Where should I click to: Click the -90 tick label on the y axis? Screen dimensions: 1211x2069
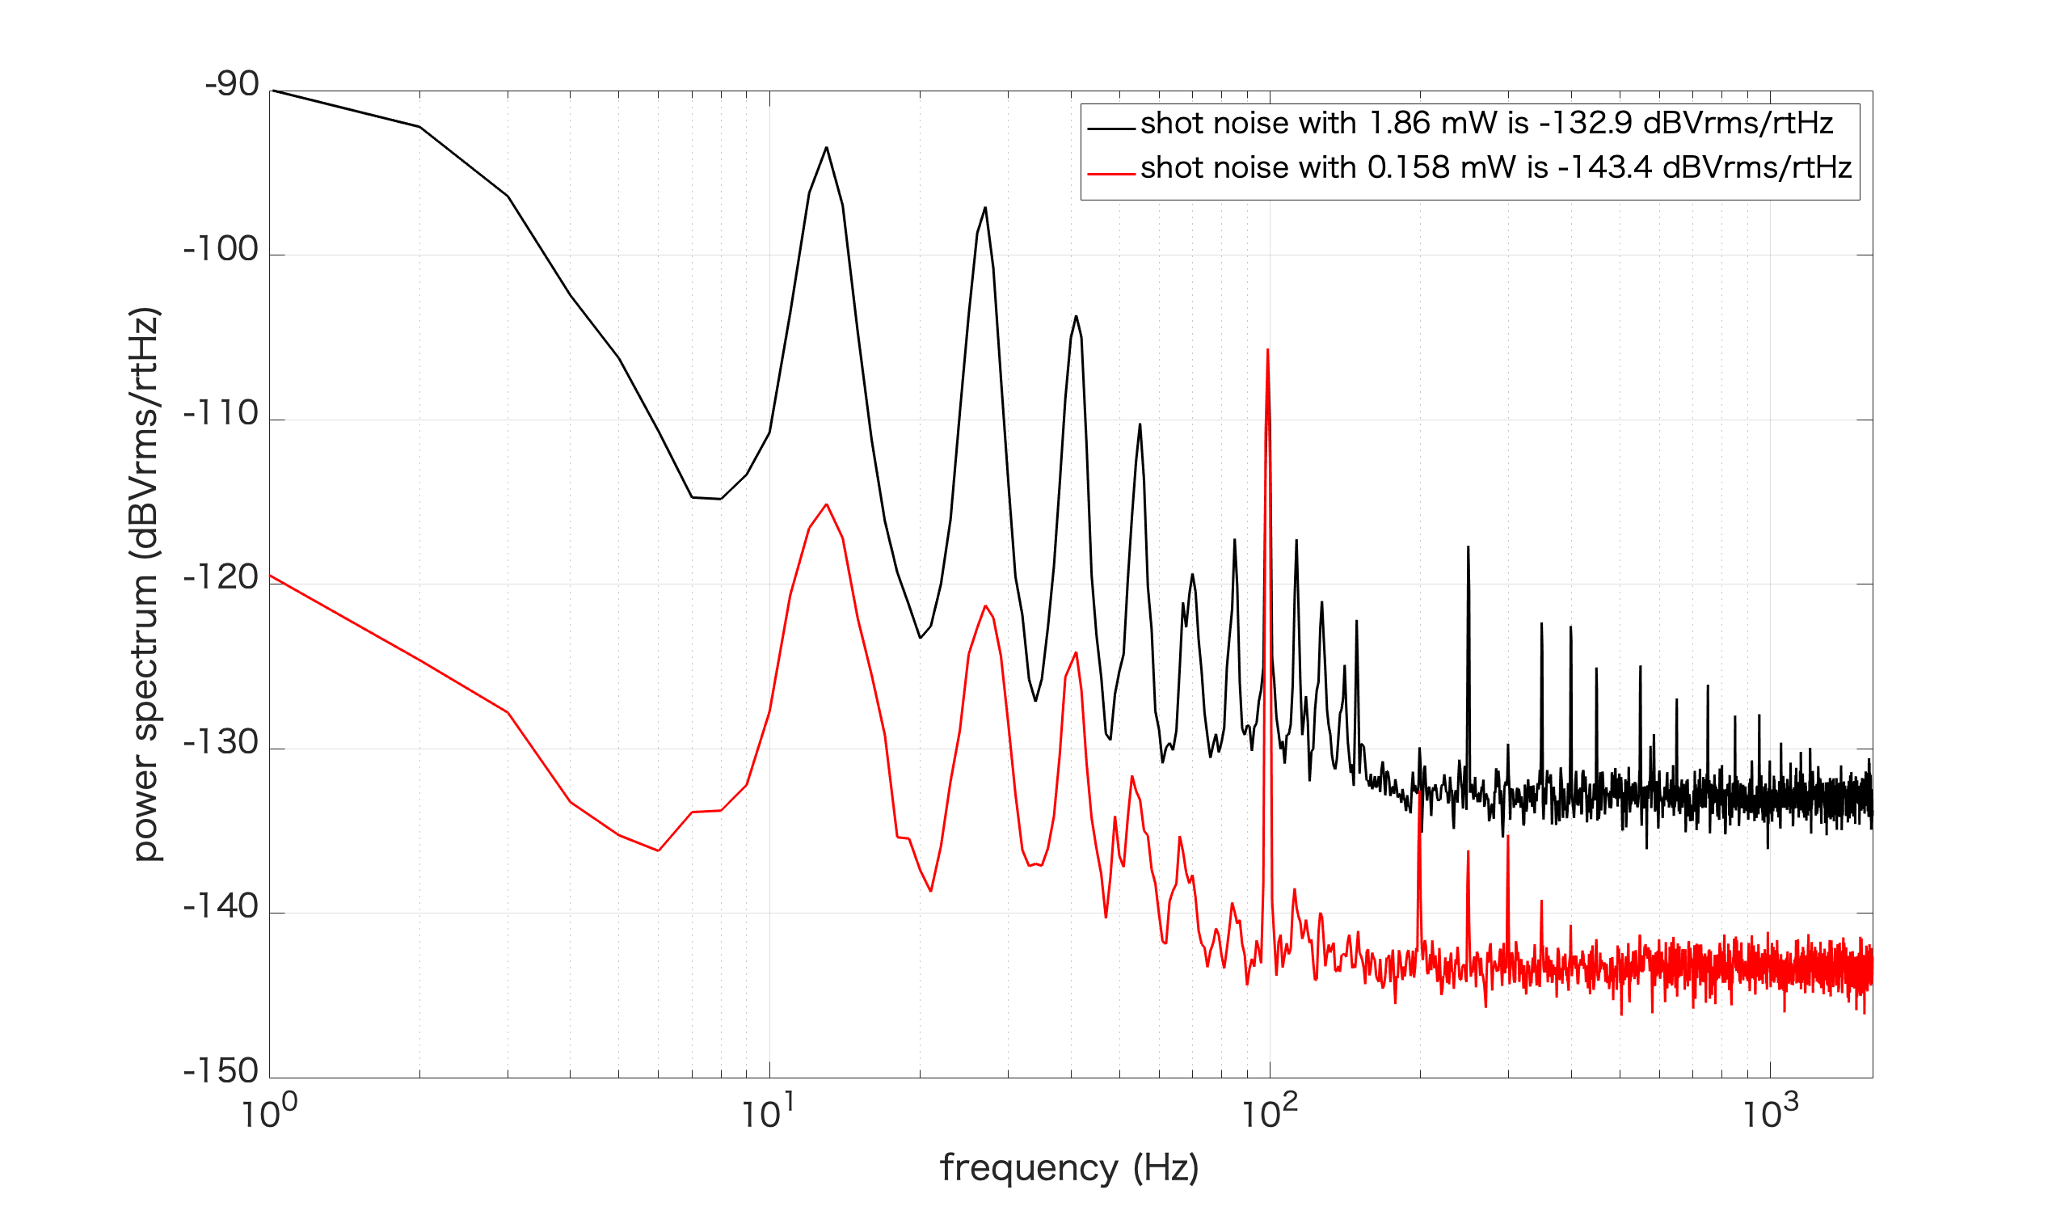[x=231, y=86]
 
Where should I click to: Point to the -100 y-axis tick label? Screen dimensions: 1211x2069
[x=221, y=250]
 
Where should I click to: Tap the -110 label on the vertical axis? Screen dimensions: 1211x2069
[x=221, y=415]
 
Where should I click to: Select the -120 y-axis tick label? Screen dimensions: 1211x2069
[x=221, y=579]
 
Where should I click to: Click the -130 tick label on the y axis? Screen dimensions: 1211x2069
[x=221, y=744]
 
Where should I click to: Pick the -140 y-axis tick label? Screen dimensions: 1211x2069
[x=221, y=908]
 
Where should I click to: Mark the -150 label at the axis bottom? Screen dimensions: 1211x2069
[x=221, y=1073]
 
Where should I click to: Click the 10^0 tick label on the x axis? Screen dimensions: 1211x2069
[x=269, y=1114]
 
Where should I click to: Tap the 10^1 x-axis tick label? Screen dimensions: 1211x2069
[x=769, y=1114]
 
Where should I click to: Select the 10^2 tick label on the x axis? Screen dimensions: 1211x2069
[x=1270, y=1114]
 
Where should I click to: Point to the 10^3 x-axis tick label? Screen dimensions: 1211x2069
[x=1770, y=1114]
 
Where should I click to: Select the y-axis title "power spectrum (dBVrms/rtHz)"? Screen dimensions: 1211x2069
[x=146, y=585]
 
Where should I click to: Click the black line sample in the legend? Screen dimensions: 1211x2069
[x=1111, y=129]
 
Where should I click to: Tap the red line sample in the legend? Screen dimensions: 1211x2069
[x=1111, y=174]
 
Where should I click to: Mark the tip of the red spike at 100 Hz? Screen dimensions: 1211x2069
[x=1268, y=351]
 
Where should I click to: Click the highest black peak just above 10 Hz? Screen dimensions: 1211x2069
[x=827, y=148]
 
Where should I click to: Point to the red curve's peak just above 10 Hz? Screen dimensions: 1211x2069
[x=827, y=505]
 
